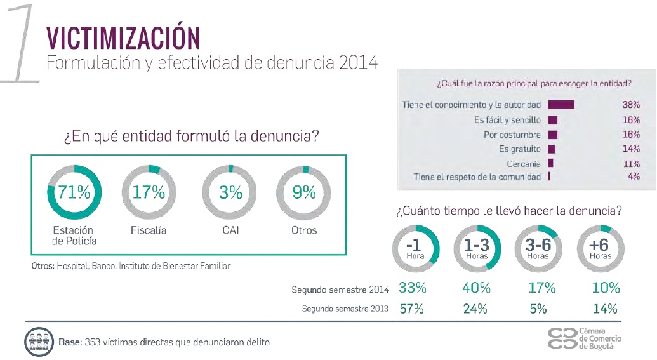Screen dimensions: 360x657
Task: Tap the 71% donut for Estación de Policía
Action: (x=74, y=192)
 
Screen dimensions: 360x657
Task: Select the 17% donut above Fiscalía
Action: (x=149, y=192)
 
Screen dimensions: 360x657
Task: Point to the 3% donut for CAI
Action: (x=230, y=192)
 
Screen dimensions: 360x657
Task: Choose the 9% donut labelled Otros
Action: (x=304, y=192)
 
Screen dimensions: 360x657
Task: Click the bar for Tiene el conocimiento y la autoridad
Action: (x=561, y=104)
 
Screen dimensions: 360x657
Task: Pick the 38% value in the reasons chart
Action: (x=630, y=104)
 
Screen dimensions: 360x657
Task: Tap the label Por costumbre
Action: (x=512, y=134)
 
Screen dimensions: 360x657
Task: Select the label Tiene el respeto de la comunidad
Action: (x=477, y=177)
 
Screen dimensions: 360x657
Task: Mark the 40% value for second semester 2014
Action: (x=476, y=288)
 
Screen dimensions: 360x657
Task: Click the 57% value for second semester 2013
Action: (x=412, y=310)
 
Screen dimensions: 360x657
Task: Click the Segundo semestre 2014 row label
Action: (x=340, y=290)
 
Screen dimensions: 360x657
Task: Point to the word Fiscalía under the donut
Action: (x=149, y=230)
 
